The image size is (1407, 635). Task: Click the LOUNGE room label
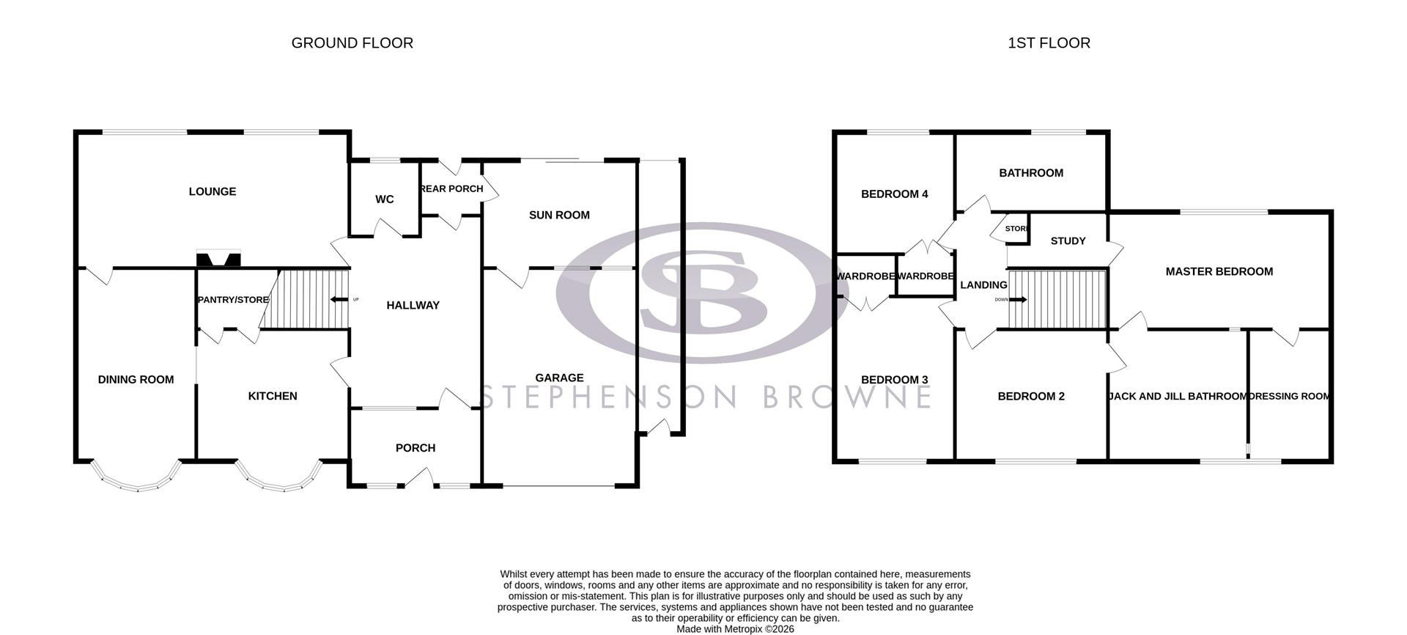coord(213,191)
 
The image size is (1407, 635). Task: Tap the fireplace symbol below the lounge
coord(218,260)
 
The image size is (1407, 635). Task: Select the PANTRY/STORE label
coord(233,300)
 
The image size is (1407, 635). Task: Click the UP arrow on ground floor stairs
coord(339,299)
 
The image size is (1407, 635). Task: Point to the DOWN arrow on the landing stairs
coord(1017,299)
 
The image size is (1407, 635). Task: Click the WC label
coord(384,199)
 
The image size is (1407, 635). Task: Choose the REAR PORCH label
coord(451,188)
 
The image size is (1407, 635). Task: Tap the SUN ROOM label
coord(559,215)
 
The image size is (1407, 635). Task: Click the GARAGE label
coord(559,378)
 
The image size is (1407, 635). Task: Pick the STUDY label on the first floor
coord(1068,241)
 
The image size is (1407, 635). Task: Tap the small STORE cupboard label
coord(1017,229)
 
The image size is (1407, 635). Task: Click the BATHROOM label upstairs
coord(1031,173)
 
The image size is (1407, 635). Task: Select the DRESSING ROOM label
coord(1289,396)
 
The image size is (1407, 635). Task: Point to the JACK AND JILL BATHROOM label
coord(1177,396)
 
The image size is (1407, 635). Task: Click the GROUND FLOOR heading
coord(352,43)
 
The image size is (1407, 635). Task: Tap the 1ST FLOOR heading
coord(1049,43)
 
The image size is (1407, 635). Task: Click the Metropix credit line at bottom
coord(735,628)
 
